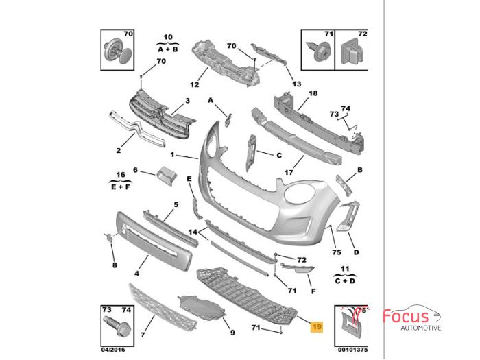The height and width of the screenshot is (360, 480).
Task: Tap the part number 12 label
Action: tap(194, 85)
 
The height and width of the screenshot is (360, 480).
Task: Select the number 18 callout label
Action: tap(313, 93)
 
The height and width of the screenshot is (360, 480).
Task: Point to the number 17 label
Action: tap(289, 173)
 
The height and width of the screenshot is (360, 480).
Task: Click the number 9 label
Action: tap(232, 333)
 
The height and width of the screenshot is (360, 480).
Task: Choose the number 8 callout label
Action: tap(115, 265)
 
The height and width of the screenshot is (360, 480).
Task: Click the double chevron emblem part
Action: tap(137, 130)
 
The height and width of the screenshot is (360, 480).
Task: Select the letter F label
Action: tap(313, 291)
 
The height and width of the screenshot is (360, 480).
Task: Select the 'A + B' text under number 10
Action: tap(169, 49)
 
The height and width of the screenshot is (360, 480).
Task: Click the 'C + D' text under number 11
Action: tap(346, 280)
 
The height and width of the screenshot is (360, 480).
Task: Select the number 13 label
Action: tap(296, 84)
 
